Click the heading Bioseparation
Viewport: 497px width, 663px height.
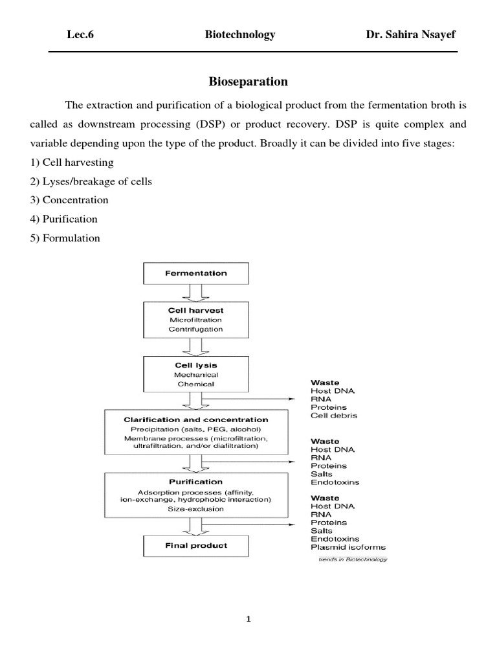coord(248,82)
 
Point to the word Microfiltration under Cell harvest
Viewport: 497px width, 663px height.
coord(195,320)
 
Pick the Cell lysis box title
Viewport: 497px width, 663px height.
coord(195,365)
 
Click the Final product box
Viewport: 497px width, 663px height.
coord(195,545)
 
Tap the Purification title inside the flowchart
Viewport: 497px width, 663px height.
coord(195,482)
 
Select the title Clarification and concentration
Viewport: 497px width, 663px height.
coord(195,420)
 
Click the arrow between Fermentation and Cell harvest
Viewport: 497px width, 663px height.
coord(195,293)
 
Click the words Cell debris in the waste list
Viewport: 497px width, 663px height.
coord(334,415)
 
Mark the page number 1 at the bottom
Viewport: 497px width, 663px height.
coord(248,619)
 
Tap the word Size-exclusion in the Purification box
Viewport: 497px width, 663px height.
coord(195,509)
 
